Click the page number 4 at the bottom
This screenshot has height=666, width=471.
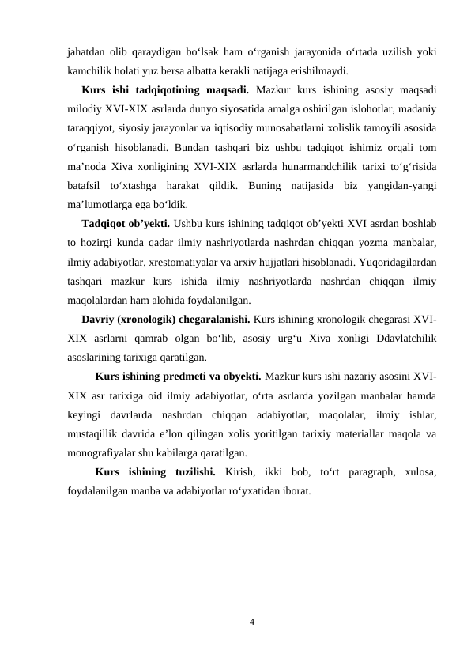click(251, 622)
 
